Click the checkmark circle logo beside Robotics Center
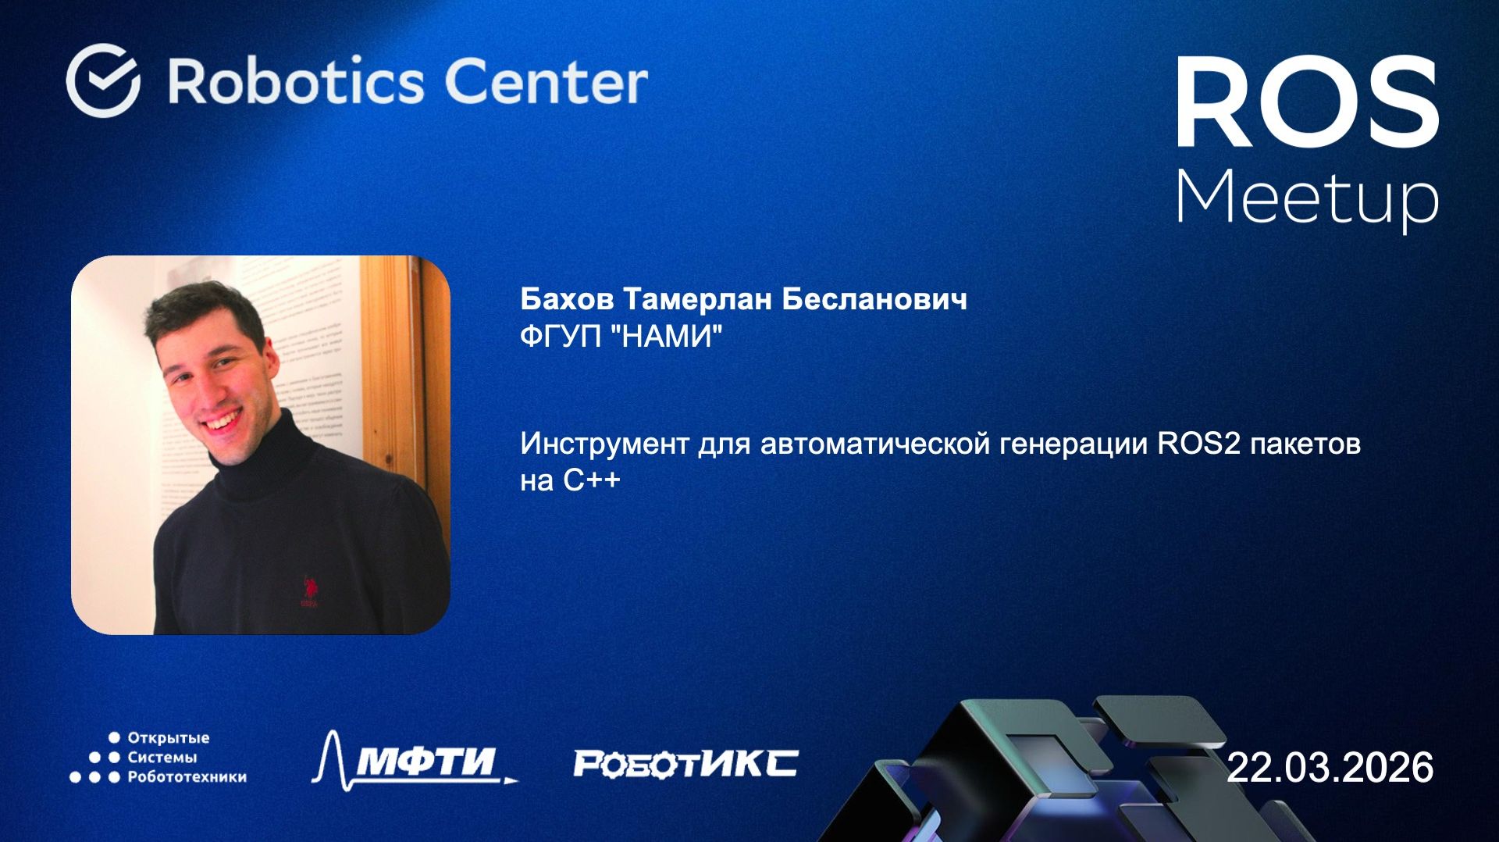(103, 80)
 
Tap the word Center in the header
(546, 81)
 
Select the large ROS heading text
(1307, 103)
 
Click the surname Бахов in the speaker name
(567, 299)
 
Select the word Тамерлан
(698, 299)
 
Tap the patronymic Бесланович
(874, 299)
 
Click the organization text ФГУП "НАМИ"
(621, 337)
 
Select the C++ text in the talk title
(592, 480)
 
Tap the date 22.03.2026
(1330, 768)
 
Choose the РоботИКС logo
(685, 763)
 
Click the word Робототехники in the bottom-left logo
(187, 777)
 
